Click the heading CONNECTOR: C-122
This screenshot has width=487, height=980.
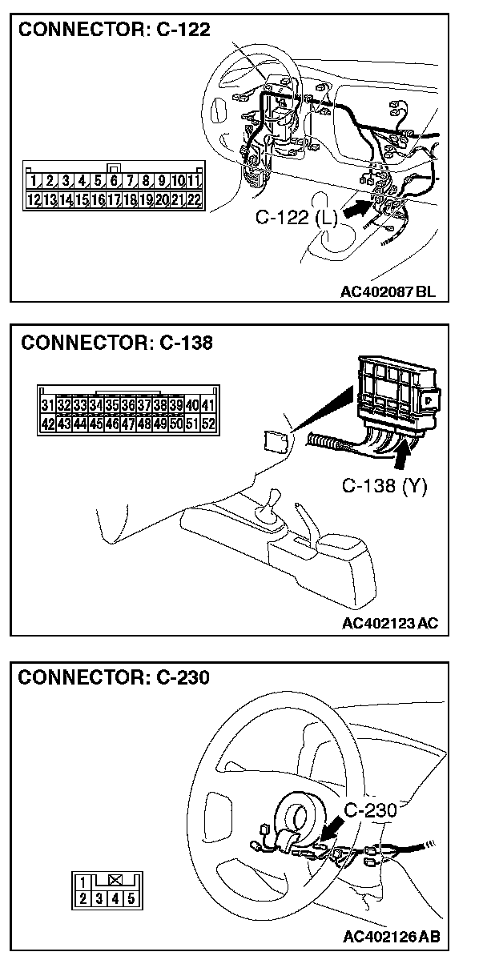tap(114, 30)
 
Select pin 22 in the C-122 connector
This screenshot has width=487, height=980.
tap(193, 199)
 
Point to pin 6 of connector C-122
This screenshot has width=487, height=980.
tap(114, 181)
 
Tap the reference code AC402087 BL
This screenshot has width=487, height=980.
tap(388, 292)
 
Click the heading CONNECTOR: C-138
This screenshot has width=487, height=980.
tap(117, 343)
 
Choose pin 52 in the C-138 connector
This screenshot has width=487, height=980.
tap(208, 424)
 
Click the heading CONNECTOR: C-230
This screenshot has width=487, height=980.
tap(114, 677)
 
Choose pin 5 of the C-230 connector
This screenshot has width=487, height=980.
tap(131, 898)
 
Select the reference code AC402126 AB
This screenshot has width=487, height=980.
tap(391, 937)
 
